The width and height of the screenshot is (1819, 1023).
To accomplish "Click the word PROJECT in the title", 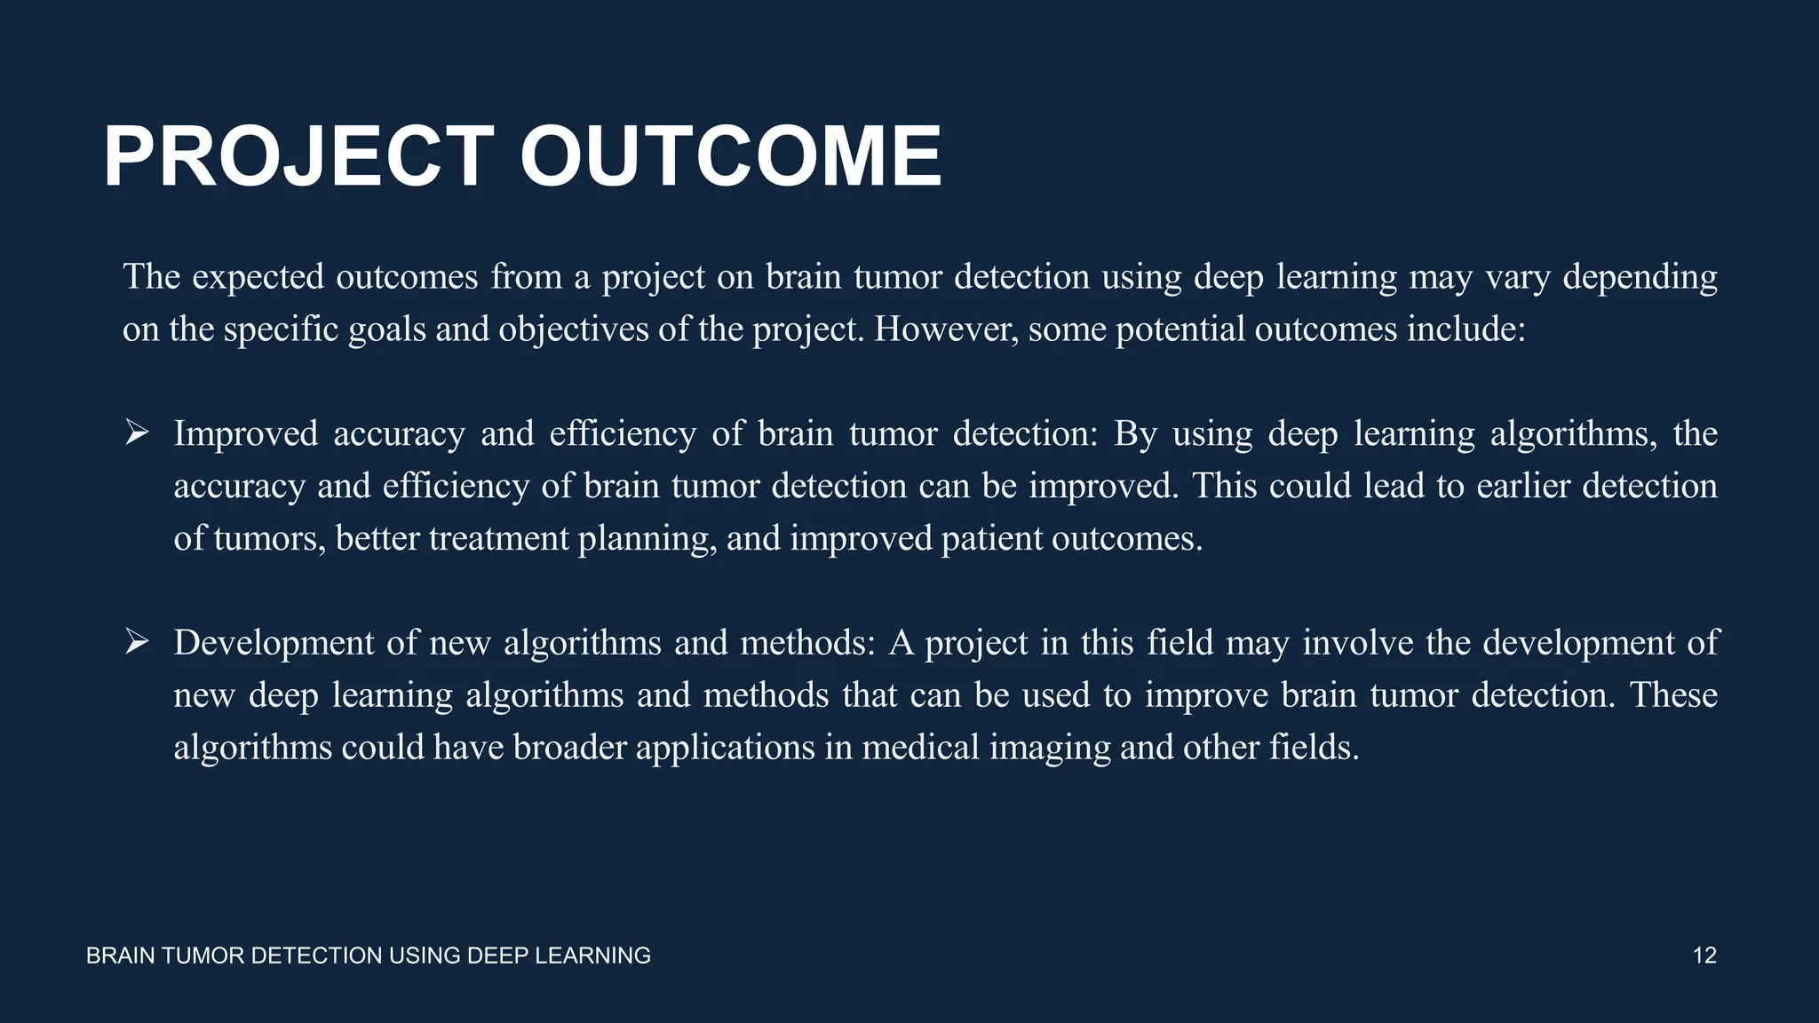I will (298, 157).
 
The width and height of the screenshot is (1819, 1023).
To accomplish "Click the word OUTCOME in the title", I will (730, 157).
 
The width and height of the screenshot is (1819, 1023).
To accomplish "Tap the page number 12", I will (1704, 956).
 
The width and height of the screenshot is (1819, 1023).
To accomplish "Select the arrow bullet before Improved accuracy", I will (137, 433).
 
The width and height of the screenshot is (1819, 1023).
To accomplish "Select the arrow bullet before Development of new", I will (137, 641).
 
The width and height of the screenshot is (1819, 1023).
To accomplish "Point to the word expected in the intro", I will (258, 278).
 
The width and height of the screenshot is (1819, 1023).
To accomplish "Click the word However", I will (947, 329).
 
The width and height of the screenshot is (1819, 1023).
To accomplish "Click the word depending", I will (1640, 278).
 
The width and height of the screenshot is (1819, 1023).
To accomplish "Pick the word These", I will (1673, 694).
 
